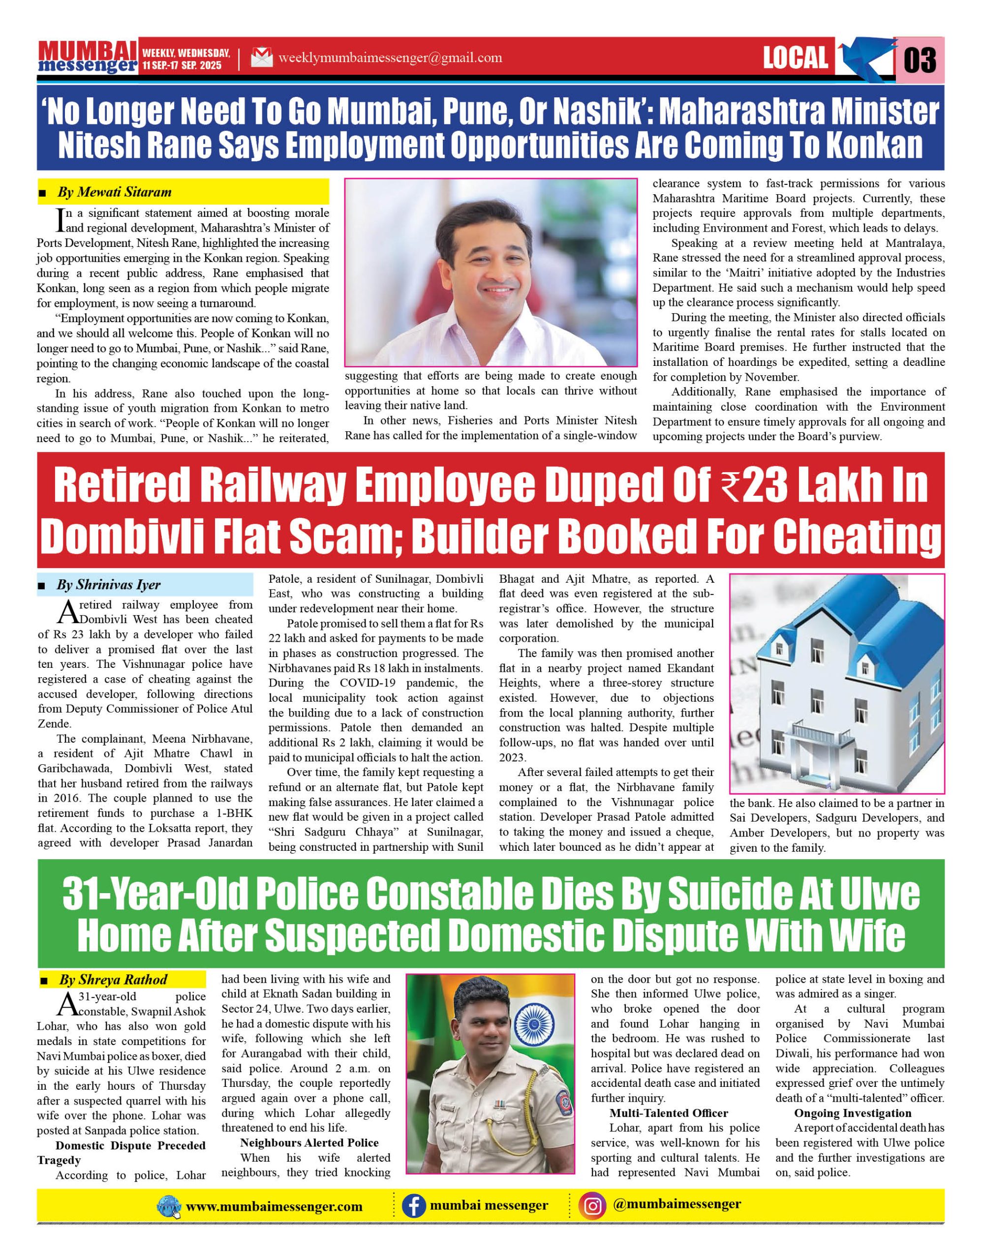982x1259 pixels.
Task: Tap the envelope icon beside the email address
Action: (262, 58)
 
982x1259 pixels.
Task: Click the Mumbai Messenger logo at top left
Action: (88, 57)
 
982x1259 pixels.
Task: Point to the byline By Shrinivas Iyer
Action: (108, 585)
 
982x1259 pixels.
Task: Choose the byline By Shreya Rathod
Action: (113, 980)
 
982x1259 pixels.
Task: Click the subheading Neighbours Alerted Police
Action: (309, 1142)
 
